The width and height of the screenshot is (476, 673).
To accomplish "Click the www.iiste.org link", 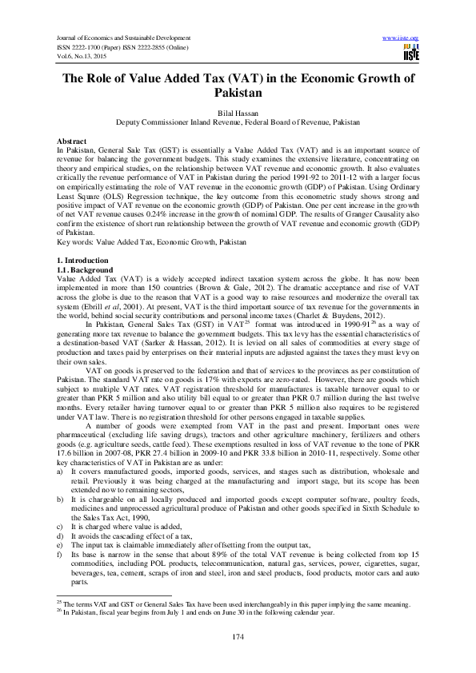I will (402, 38).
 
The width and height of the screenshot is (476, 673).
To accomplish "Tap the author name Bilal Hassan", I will (238, 114).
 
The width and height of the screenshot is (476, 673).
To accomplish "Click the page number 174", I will (238, 635).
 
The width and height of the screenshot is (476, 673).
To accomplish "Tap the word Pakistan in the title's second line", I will (238, 94).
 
